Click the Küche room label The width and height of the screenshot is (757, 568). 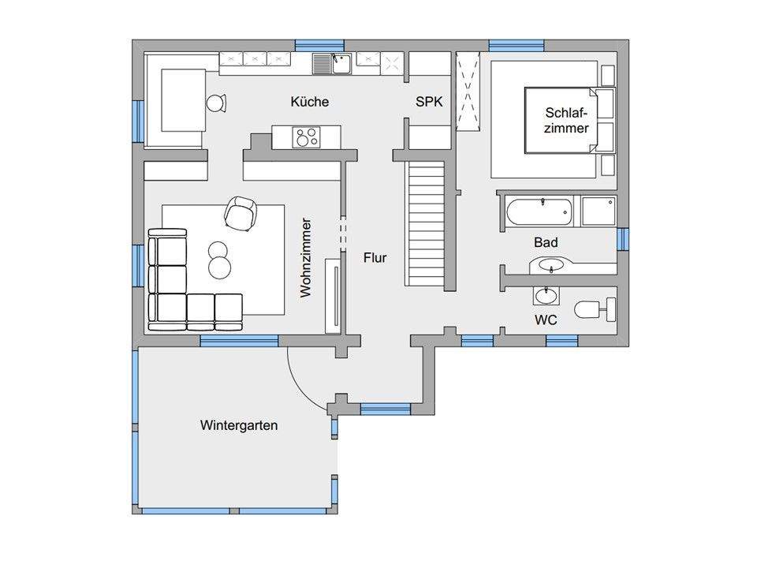click(x=309, y=102)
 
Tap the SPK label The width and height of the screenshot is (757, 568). click(x=429, y=102)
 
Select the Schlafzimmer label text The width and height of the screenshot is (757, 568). click(x=566, y=120)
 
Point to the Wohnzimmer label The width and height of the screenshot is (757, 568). click(x=306, y=257)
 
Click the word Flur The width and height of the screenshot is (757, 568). click(x=375, y=258)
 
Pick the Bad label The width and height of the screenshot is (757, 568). click(x=546, y=242)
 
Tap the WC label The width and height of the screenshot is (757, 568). click(x=546, y=319)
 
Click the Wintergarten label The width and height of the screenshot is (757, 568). click(x=239, y=425)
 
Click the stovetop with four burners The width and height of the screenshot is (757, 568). click(x=306, y=136)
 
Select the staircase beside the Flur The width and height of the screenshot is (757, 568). click(x=427, y=223)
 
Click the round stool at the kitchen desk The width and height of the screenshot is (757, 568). click(x=217, y=103)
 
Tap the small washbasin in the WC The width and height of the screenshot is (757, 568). click(x=546, y=295)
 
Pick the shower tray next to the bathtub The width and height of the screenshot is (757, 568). click(x=599, y=211)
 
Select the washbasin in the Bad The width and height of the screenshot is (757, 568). click(x=551, y=266)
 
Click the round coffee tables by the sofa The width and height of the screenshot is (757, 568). click(x=218, y=260)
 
